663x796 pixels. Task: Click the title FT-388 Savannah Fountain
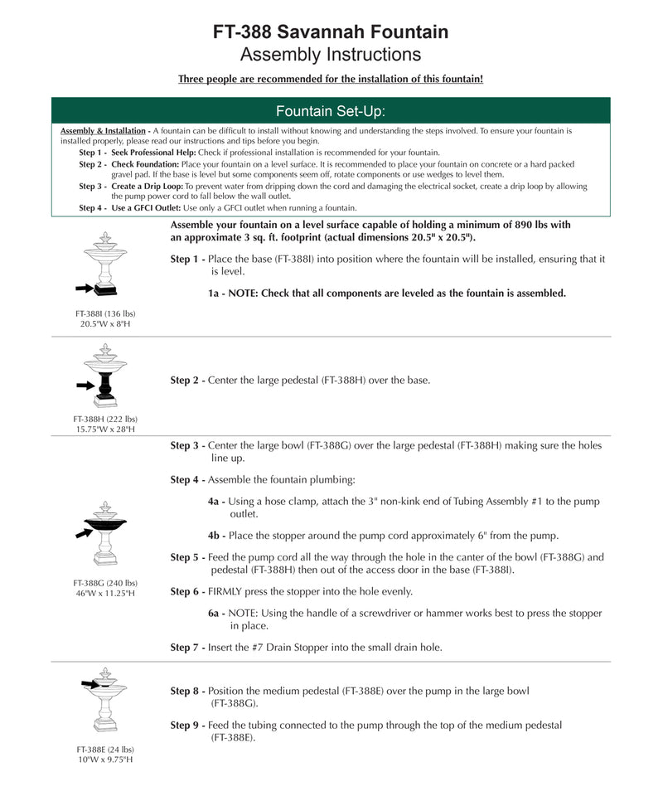click(x=331, y=32)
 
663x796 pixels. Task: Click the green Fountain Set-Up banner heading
click(x=331, y=111)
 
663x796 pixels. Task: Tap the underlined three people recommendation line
click(x=331, y=80)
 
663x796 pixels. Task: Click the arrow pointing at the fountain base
click(x=83, y=288)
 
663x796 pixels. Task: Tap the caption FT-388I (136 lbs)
click(x=105, y=313)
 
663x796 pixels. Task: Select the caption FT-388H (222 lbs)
click(x=105, y=420)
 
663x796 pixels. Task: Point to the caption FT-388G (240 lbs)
click(x=105, y=583)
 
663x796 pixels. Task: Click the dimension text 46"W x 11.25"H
click(x=105, y=594)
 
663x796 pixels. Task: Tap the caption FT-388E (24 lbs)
click(x=105, y=750)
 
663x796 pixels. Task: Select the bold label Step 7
click(x=187, y=648)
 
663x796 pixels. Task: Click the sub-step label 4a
click(x=215, y=502)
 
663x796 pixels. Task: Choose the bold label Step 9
click(x=187, y=726)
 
